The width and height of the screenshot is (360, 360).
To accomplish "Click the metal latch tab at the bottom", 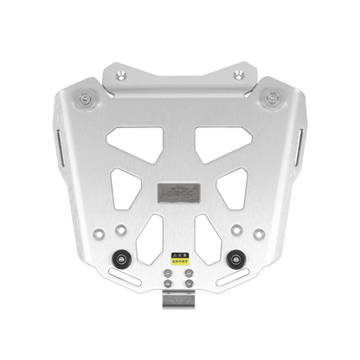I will click(179, 304).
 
